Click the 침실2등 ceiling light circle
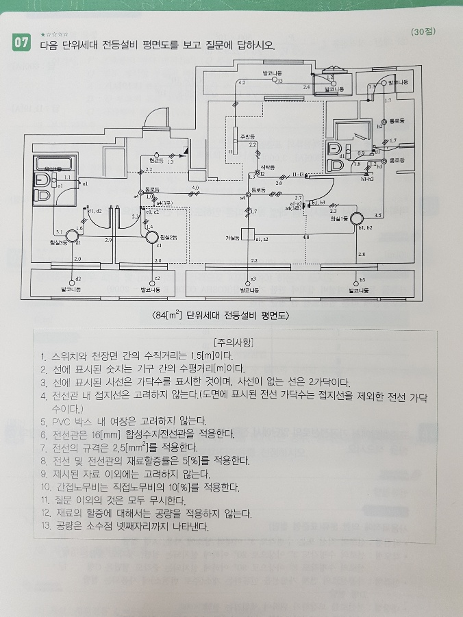[x=151, y=236]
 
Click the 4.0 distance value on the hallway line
[x=195, y=187]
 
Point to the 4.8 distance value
[x=305, y=237]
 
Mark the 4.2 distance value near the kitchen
[x=241, y=82]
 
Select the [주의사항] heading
[x=234, y=342]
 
